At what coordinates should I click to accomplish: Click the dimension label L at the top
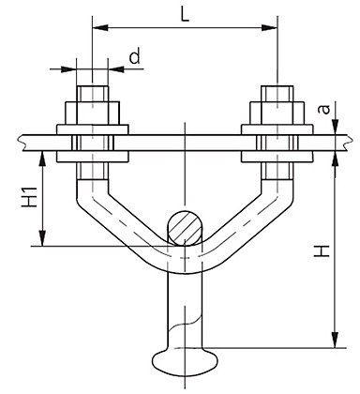coord(186,14)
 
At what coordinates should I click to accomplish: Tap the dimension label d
coord(135,56)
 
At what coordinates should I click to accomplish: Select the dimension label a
coord(324,110)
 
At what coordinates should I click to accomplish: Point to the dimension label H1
coord(30,197)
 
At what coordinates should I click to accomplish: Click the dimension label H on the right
coord(322,251)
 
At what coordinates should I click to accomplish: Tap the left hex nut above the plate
coord(92,113)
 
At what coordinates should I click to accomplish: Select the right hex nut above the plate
coord(277,113)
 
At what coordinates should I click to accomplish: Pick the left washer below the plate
coord(92,157)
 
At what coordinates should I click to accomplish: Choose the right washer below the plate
coord(277,157)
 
